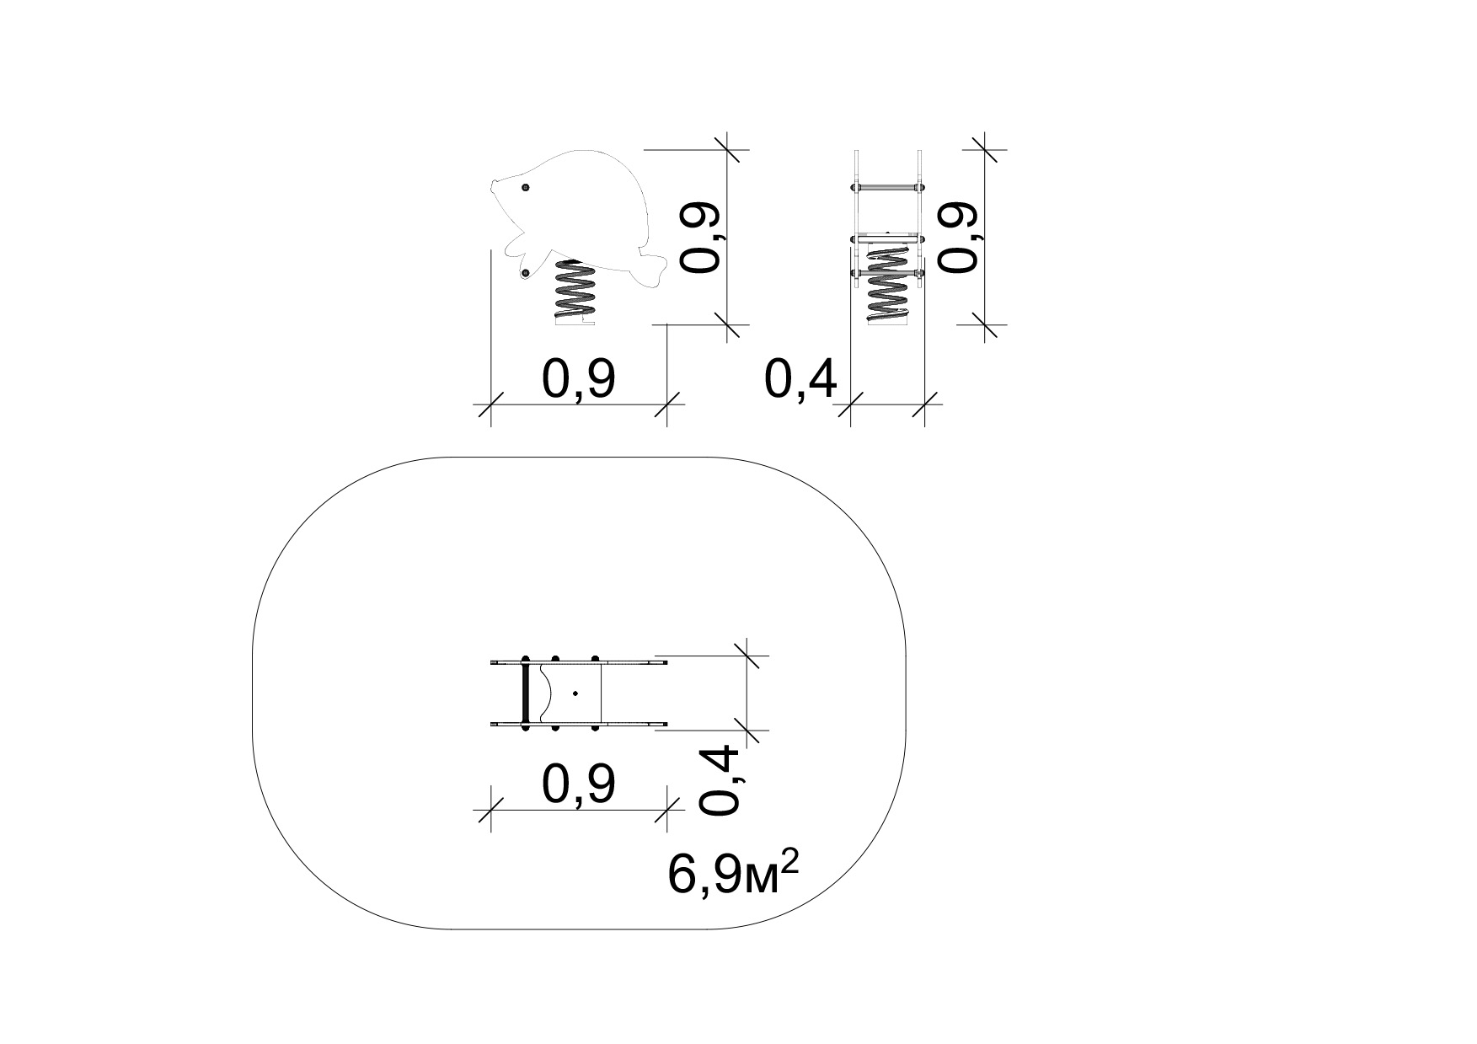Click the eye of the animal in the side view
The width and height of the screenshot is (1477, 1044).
[526, 187]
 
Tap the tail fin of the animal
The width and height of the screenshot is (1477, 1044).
[652, 268]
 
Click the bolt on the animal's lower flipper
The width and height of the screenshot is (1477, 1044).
[525, 272]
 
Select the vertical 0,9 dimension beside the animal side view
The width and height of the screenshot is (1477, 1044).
[702, 237]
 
